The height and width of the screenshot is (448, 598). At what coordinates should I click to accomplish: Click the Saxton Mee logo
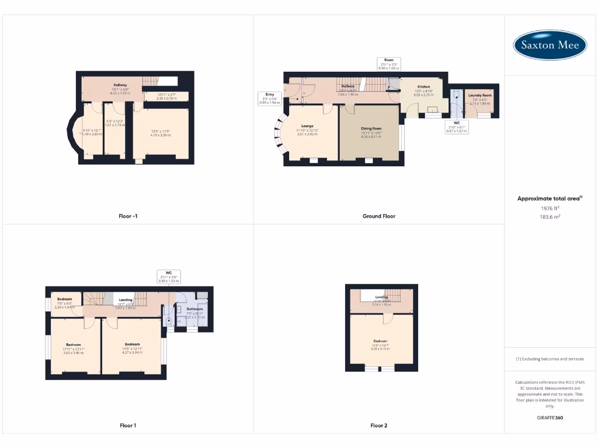pos(550,45)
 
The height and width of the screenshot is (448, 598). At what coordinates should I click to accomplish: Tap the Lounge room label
pos(307,125)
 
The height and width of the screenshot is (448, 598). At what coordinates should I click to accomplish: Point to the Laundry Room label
pos(480,96)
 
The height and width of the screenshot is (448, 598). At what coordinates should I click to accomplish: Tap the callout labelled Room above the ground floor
pos(389,64)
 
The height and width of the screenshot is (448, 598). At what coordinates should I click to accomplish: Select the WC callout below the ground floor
pos(457,127)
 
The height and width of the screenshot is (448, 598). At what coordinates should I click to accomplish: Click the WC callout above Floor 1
pos(168,276)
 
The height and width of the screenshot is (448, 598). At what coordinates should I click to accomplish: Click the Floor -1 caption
pos(128,216)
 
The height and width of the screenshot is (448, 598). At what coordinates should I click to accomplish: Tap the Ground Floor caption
pos(378,216)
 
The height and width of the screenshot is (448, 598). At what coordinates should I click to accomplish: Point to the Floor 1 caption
pos(128,426)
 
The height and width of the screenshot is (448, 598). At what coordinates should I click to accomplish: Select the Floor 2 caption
pos(378,426)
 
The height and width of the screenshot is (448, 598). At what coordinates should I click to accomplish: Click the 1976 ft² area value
pos(550,208)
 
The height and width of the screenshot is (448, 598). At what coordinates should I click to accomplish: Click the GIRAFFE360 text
pos(550,418)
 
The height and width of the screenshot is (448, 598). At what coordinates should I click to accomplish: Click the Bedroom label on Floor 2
pos(381,341)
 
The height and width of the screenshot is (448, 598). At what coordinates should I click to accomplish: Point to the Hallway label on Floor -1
pos(120,85)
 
